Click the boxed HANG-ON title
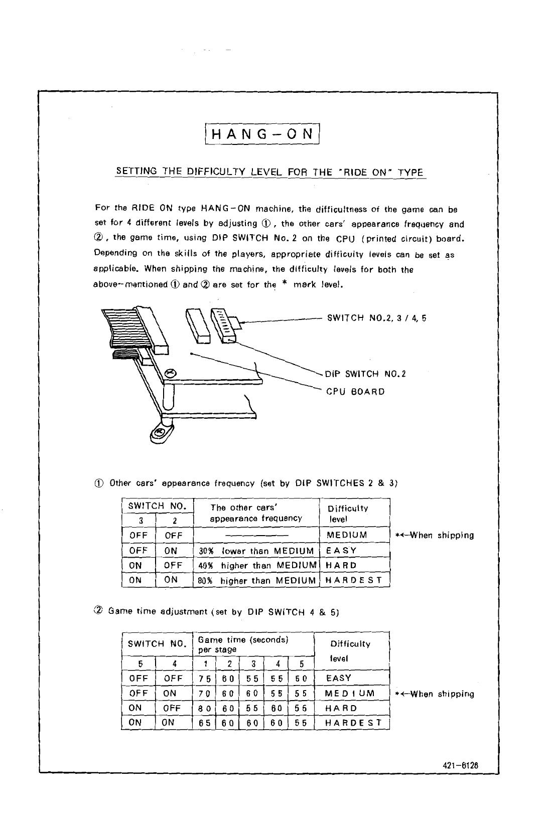[263, 134]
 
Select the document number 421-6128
[460, 766]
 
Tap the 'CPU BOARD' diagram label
[355, 392]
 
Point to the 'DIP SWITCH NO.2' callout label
[365, 374]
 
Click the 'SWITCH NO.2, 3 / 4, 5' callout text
[376, 317]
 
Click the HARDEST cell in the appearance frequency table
[354, 581]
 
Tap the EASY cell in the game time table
[339, 678]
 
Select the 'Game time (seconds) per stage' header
[243, 644]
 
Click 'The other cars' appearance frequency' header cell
[256, 513]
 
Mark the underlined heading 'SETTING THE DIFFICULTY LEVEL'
[270, 172]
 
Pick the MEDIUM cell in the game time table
[350, 694]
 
